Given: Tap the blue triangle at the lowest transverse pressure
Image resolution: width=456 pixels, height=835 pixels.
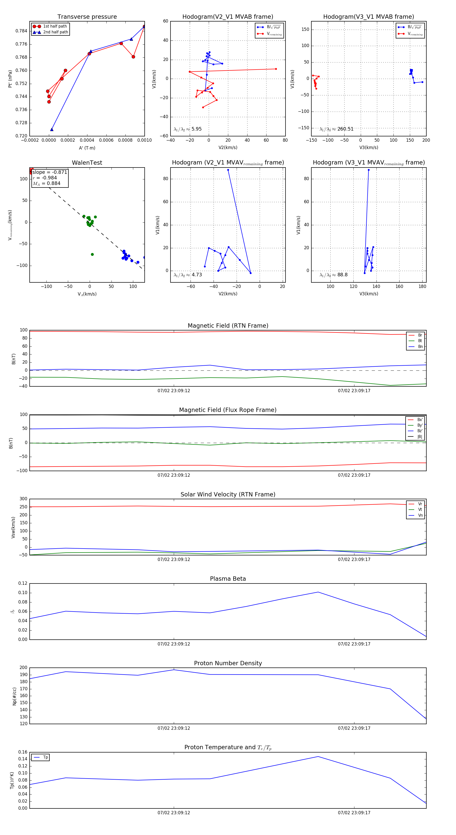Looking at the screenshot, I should click(52, 130).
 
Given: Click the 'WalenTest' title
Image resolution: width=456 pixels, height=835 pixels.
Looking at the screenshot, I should click(87, 163).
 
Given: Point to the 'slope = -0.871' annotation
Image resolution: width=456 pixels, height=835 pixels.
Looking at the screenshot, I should click(50, 172).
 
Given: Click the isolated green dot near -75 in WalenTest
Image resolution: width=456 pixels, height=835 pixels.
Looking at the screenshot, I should click(92, 255).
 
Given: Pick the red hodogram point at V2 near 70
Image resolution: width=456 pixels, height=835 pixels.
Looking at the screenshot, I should click(276, 69).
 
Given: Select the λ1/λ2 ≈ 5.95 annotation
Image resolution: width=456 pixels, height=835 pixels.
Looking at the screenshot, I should click(187, 129).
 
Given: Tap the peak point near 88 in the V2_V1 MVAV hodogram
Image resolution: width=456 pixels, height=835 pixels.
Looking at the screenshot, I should click(228, 170).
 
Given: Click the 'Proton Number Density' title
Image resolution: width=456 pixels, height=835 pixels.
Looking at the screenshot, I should click(228, 663).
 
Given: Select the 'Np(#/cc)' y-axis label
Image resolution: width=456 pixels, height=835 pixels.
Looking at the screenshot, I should click(14, 696).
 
